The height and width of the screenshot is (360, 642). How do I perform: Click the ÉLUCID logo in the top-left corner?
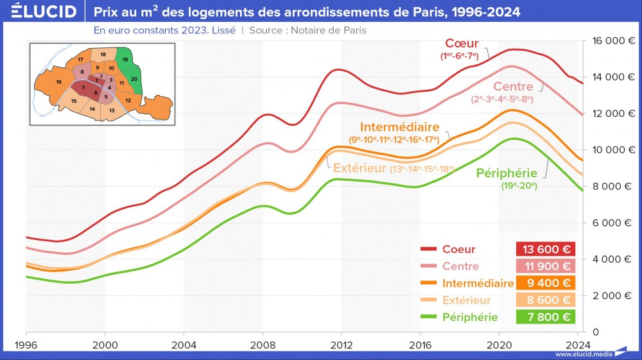pos(40,12)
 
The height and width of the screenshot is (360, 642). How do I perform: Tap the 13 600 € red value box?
pos(545,249)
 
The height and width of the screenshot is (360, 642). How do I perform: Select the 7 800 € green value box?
pos(545,317)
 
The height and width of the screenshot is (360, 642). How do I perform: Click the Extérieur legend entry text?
pos(466,300)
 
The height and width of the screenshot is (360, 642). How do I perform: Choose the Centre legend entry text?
pos(460,266)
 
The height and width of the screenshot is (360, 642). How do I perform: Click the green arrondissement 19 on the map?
pos(125,60)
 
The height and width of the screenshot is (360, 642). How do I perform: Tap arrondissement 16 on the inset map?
pos(58,82)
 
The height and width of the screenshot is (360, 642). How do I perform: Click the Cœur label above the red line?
pos(462,44)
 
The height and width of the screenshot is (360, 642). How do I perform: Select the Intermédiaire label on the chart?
pos(399,126)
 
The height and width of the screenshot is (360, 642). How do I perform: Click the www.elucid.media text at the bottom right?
pos(584,354)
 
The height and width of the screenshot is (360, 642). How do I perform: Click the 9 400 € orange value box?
pos(545,283)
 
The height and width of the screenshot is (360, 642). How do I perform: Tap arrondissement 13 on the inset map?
pos(112,110)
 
